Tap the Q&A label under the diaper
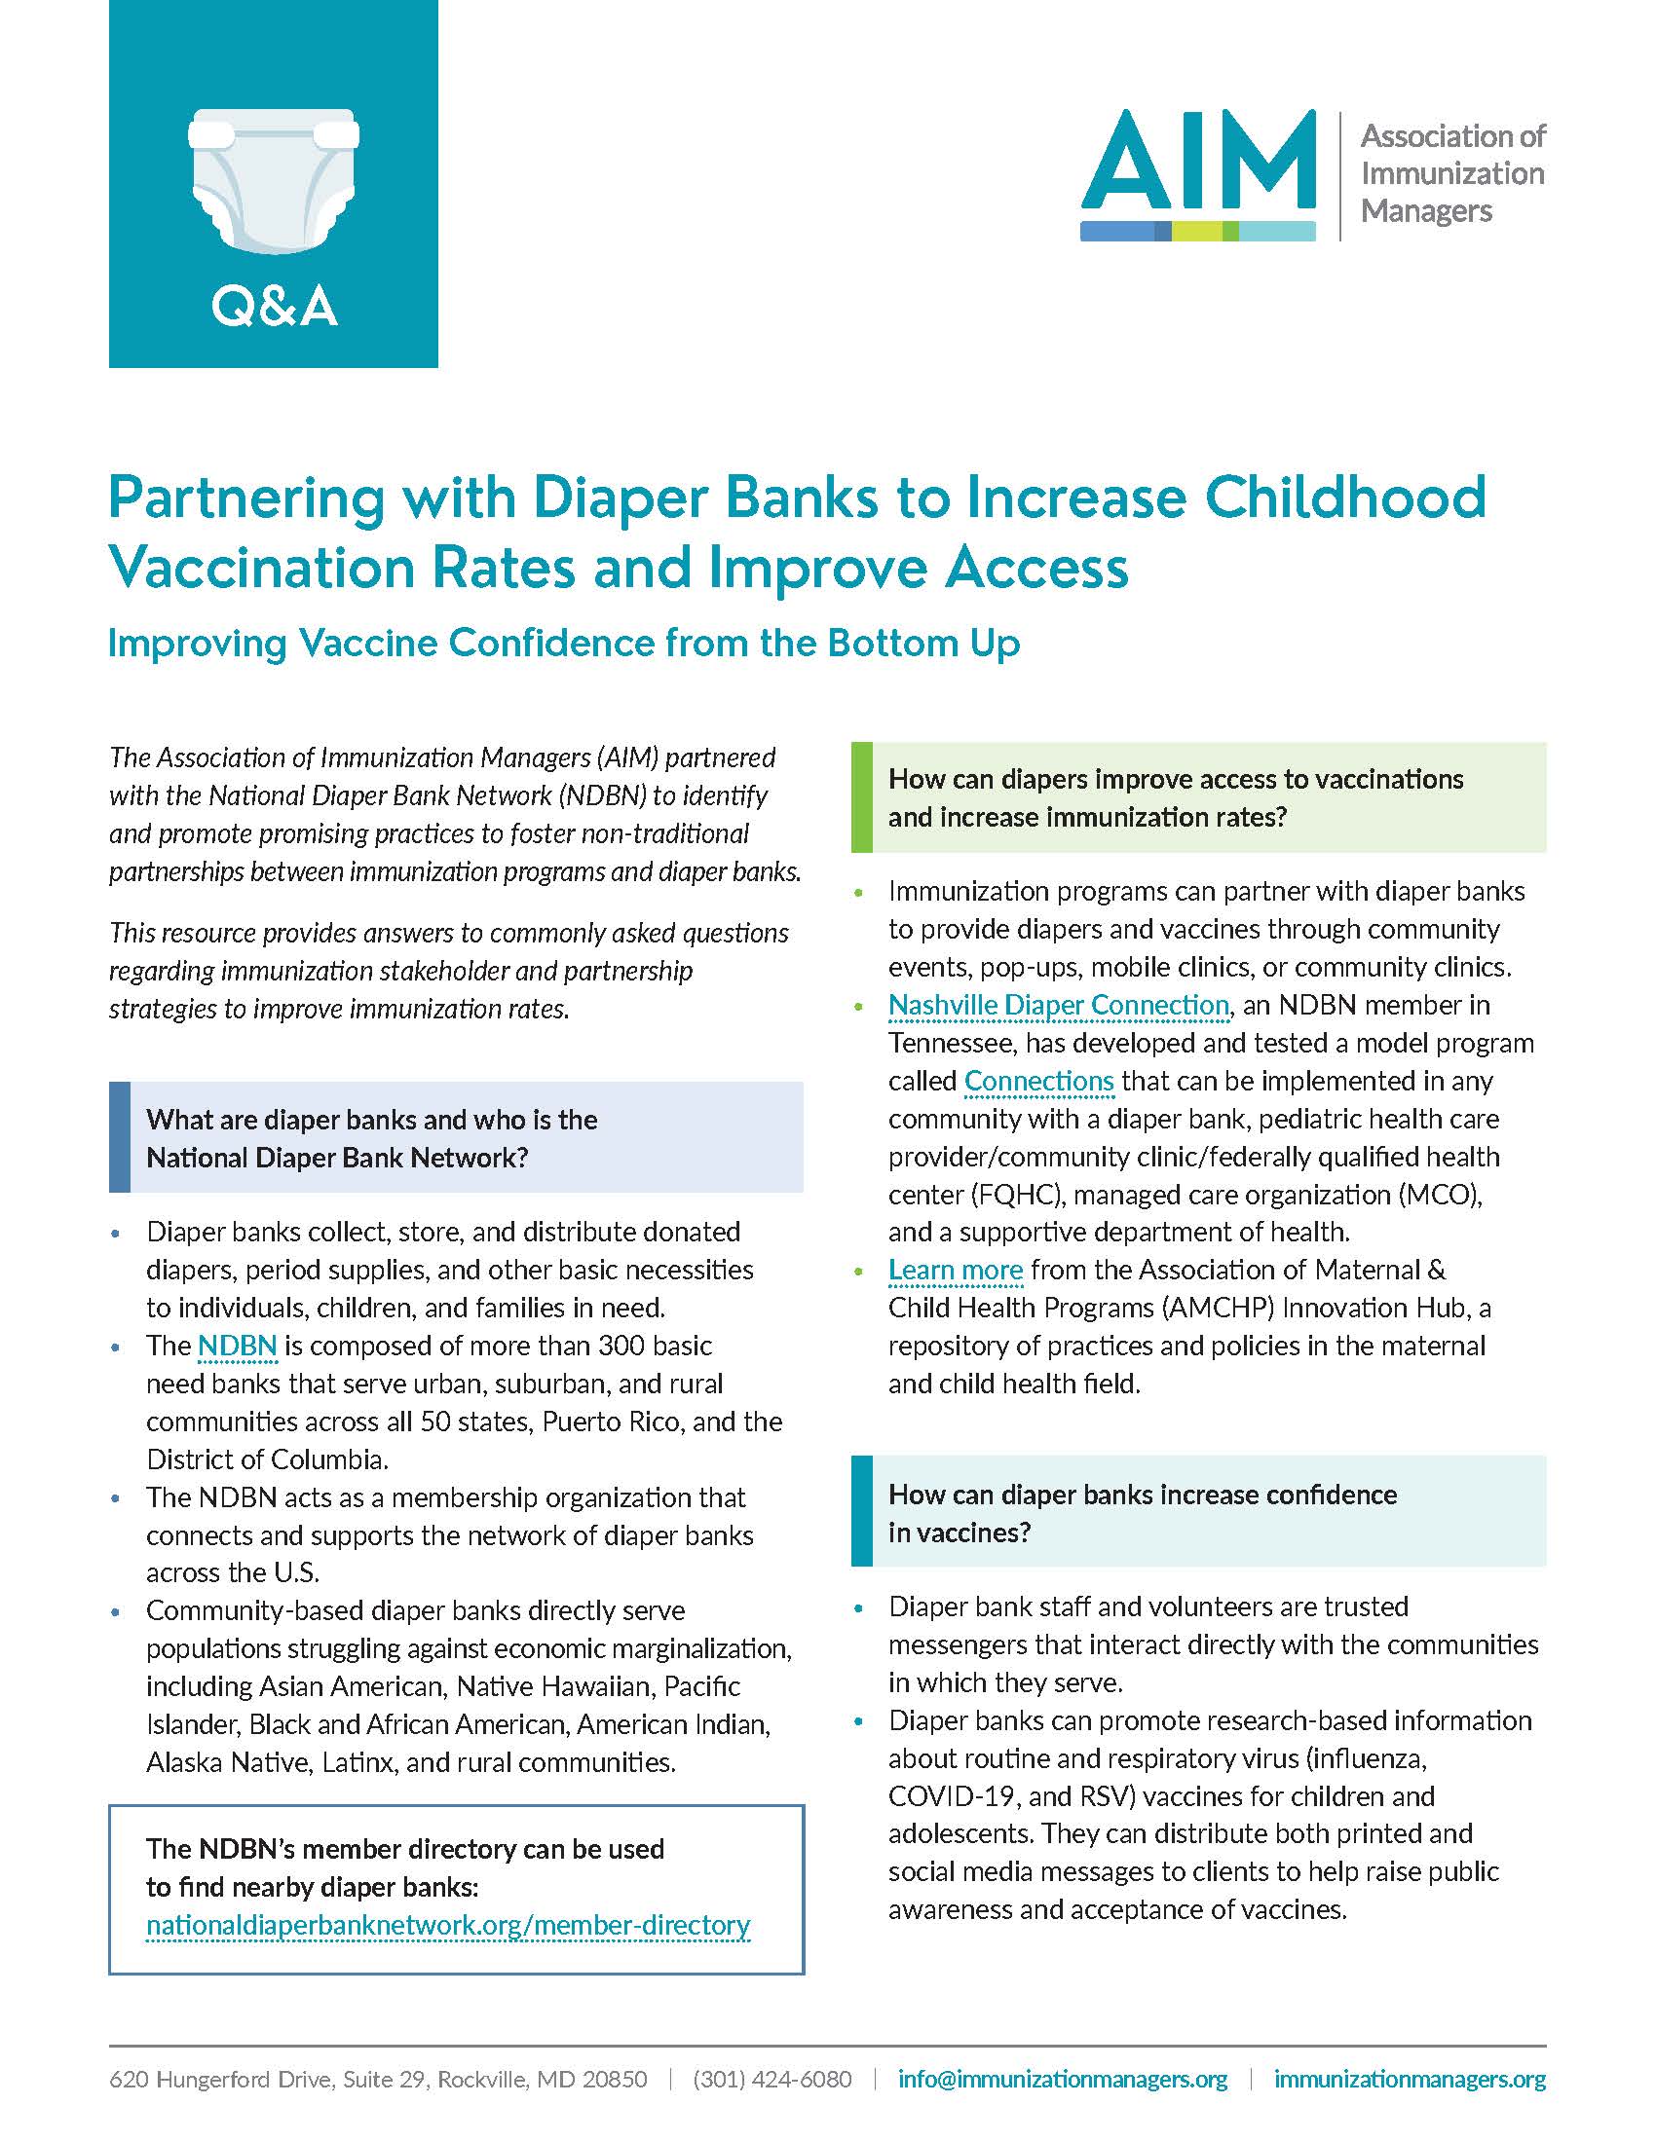point(274,307)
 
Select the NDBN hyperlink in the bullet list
point(238,1346)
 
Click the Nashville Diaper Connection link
point(1058,1006)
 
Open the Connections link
point(1039,1081)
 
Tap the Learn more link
point(956,1270)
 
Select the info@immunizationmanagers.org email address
point(1063,2079)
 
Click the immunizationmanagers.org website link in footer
point(1410,2079)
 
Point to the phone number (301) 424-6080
point(772,2079)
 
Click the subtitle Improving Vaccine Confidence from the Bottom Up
point(564,644)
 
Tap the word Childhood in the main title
point(1345,498)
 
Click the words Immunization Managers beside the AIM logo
point(1452,192)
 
